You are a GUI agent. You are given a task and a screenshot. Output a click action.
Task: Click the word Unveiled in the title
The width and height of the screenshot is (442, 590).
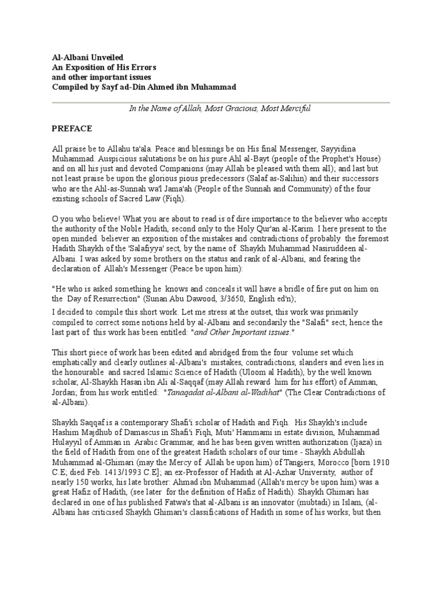pos(102,58)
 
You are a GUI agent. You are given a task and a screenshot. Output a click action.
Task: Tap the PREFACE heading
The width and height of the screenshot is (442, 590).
pos(72,128)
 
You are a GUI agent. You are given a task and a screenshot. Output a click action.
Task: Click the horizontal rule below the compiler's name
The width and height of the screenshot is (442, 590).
pos(221,103)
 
